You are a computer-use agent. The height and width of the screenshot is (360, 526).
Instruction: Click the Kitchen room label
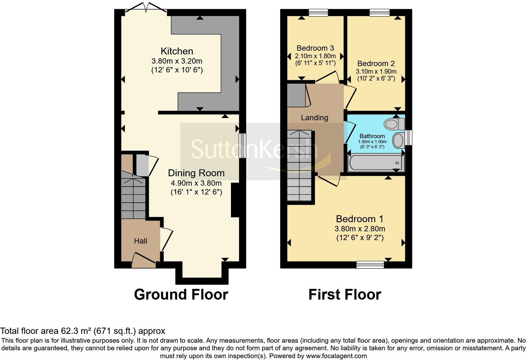tap(176, 51)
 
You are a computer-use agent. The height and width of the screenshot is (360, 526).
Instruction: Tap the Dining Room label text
tap(196, 173)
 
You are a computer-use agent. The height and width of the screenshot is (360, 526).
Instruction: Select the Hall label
tap(140, 241)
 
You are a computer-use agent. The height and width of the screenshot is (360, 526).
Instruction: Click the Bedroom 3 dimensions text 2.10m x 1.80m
tap(315, 56)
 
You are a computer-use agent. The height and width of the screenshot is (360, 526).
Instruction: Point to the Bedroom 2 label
tap(376, 64)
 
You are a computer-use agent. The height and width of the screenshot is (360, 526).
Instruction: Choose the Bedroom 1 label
tap(360, 219)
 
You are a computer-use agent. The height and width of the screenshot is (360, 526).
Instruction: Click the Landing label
tap(314, 118)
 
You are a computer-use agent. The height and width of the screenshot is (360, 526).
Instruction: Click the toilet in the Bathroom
tap(394, 124)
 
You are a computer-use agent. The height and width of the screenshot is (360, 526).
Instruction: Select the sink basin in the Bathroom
tap(399, 140)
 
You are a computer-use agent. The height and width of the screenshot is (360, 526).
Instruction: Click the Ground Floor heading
tap(181, 295)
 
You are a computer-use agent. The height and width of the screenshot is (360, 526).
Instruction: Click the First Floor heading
tap(344, 295)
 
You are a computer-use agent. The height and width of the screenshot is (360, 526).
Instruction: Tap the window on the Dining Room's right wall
tap(242, 146)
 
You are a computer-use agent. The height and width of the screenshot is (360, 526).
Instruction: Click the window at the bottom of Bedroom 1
tap(370, 265)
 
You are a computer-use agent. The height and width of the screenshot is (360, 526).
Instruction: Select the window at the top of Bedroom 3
tap(318, 13)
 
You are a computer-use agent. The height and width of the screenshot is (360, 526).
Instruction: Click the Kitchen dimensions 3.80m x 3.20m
tap(176, 61)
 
